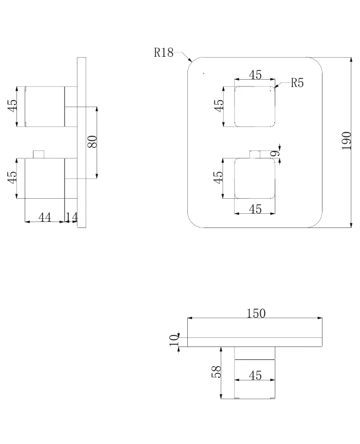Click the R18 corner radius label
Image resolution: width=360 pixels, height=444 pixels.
[x=164, y=53]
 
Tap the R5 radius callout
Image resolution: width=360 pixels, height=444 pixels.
[x=297, y=83]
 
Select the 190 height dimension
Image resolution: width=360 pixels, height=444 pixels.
[x=346, y=141]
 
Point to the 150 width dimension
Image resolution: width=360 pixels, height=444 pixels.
[x=256, y=314]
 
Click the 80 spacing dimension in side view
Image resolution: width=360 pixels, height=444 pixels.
[x=93, y=141]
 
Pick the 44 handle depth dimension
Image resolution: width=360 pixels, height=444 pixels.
[x=45, y=217]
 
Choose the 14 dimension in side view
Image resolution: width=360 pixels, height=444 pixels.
[x=71, y=217]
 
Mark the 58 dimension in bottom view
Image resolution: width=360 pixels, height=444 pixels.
[x=216, y=372]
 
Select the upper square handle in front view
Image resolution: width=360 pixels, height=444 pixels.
[x=255, y=106]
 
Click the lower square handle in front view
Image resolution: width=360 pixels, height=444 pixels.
[x=255, y=178]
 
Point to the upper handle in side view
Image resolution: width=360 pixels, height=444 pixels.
[x=45, y=106]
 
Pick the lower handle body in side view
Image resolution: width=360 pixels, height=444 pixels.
[x=45, y=178]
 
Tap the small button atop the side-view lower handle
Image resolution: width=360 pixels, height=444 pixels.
[x=39, y=154]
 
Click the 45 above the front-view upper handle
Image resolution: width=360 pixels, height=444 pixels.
[x=255, y=75]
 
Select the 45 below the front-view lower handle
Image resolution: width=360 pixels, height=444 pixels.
[x=255, y=209]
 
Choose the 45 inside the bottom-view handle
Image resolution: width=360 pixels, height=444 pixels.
[x=255, y=375]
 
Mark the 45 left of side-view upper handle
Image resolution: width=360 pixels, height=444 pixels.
[x=12, y=105]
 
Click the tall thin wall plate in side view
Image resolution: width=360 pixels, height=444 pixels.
[x=82, y=143]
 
